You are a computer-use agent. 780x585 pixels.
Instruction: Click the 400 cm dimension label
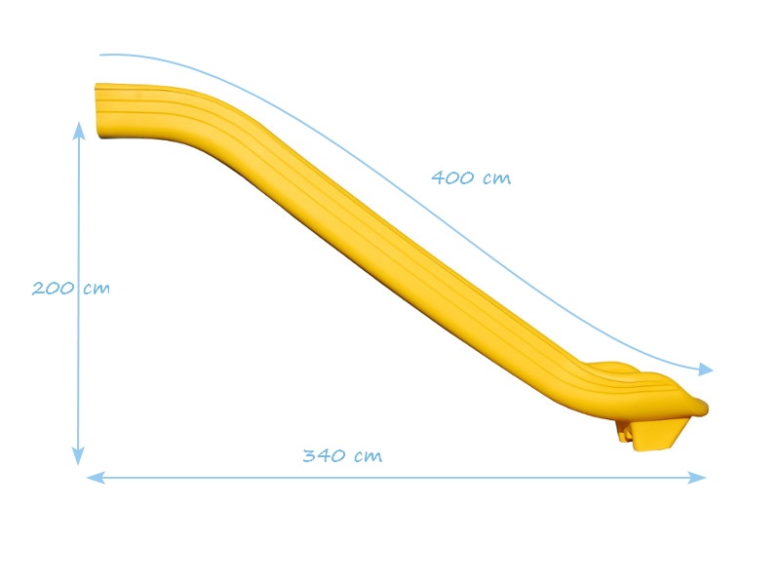click(471, 177)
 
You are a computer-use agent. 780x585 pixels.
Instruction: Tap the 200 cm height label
click(70, 288)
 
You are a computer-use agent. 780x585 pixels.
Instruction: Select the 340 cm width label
click(343, 455)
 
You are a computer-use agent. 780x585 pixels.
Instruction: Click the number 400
click(453, 177)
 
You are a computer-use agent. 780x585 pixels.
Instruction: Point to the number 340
click(325, 455)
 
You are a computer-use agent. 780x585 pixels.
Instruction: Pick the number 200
click(54, 288)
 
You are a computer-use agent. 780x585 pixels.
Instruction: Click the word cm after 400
click(497, 178)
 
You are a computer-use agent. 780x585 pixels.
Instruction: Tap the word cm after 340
click(369, 456)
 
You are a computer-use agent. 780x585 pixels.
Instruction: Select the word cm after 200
click(97, 289)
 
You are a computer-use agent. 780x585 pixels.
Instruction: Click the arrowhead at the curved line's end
click(706, 370)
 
